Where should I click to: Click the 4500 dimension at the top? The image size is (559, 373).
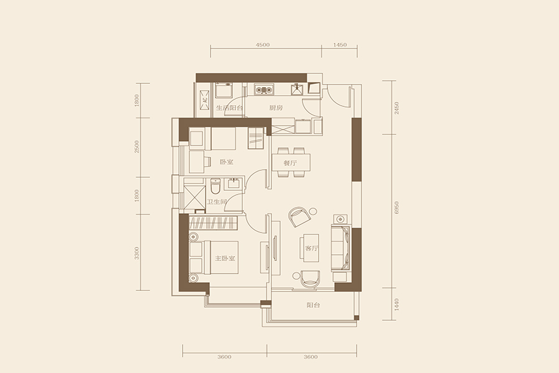tap(263, 45)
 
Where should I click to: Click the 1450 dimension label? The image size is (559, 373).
tap(340, 45)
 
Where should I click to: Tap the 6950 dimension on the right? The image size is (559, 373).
tap(397, 208)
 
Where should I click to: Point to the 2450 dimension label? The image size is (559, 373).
tap(397, 108)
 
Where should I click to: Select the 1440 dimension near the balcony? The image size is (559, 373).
tap(397, 304)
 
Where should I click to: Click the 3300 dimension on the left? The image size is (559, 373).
tap(137, 253)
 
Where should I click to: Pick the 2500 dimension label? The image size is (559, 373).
tap(137, 147)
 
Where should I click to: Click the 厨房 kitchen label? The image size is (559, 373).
tap(276, 108)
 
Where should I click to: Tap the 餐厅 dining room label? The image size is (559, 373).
tap(290, 163)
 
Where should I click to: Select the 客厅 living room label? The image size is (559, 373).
tap(312, 249)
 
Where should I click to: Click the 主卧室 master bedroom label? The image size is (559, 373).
tap(225, 259)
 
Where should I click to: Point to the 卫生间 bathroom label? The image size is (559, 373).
tap(217, 202)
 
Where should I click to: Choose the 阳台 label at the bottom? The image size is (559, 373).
tap(314, 305)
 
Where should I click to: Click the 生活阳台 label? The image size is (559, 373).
tap(229, 108)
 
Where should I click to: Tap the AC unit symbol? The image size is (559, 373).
tap(205, 101)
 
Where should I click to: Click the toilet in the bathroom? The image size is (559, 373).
tap(216, 186)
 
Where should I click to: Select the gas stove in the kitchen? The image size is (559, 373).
tap(264, 90)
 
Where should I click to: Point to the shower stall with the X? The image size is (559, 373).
tap(194, 198)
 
